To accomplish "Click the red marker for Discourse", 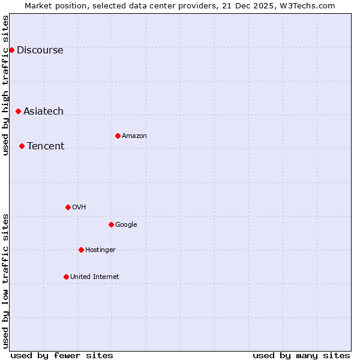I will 11,50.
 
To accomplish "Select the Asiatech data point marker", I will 18,111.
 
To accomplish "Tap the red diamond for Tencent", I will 22,146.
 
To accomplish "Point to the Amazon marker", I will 118,136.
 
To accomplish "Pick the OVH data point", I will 68,207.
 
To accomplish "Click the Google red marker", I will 111,224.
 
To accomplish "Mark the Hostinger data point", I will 81,250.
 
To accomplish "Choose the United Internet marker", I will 66,277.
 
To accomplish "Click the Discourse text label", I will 40,50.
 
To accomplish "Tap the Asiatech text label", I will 43,112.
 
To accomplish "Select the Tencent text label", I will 46,146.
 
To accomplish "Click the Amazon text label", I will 134,136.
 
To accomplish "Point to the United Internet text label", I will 95,277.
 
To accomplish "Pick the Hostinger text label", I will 100,250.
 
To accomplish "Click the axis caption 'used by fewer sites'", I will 62,355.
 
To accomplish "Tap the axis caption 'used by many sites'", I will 301,355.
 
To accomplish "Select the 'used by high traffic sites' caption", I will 6,85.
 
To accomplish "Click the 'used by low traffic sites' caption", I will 6,281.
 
